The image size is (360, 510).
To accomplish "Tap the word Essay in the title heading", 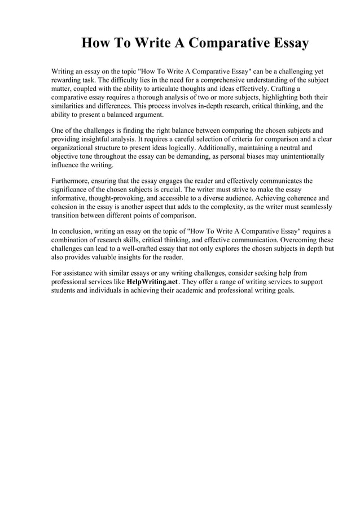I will (287, 43).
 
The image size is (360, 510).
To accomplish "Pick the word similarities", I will (70, 106).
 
